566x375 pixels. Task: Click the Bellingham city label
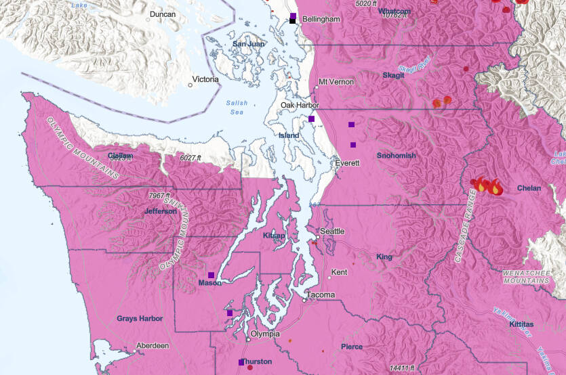tap(321, 20)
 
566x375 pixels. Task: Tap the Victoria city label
tap(205, 80)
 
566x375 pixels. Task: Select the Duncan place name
tap(163, 14)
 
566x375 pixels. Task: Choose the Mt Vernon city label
tap(336, 82)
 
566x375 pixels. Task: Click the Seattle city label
tap(332, 231)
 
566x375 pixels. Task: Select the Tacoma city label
tap(320, 295)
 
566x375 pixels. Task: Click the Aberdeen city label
tap(153, 345)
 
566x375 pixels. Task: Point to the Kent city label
tap(339, 272)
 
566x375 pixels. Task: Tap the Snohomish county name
tap(396, 156)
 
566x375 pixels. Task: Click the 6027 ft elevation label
tap(191, 158)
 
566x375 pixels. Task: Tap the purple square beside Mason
tap(211, 275)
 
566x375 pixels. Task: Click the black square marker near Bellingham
tap(292, 21)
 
